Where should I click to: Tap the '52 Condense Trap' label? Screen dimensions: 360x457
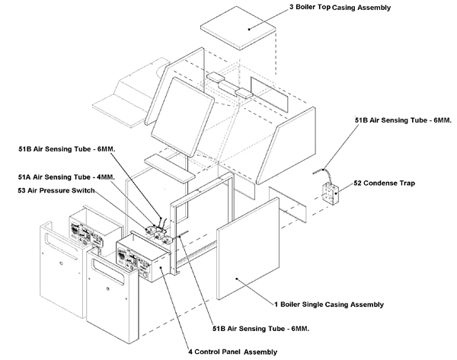396,183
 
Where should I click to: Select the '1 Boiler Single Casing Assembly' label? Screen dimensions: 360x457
328,304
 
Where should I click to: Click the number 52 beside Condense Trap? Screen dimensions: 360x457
360,183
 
